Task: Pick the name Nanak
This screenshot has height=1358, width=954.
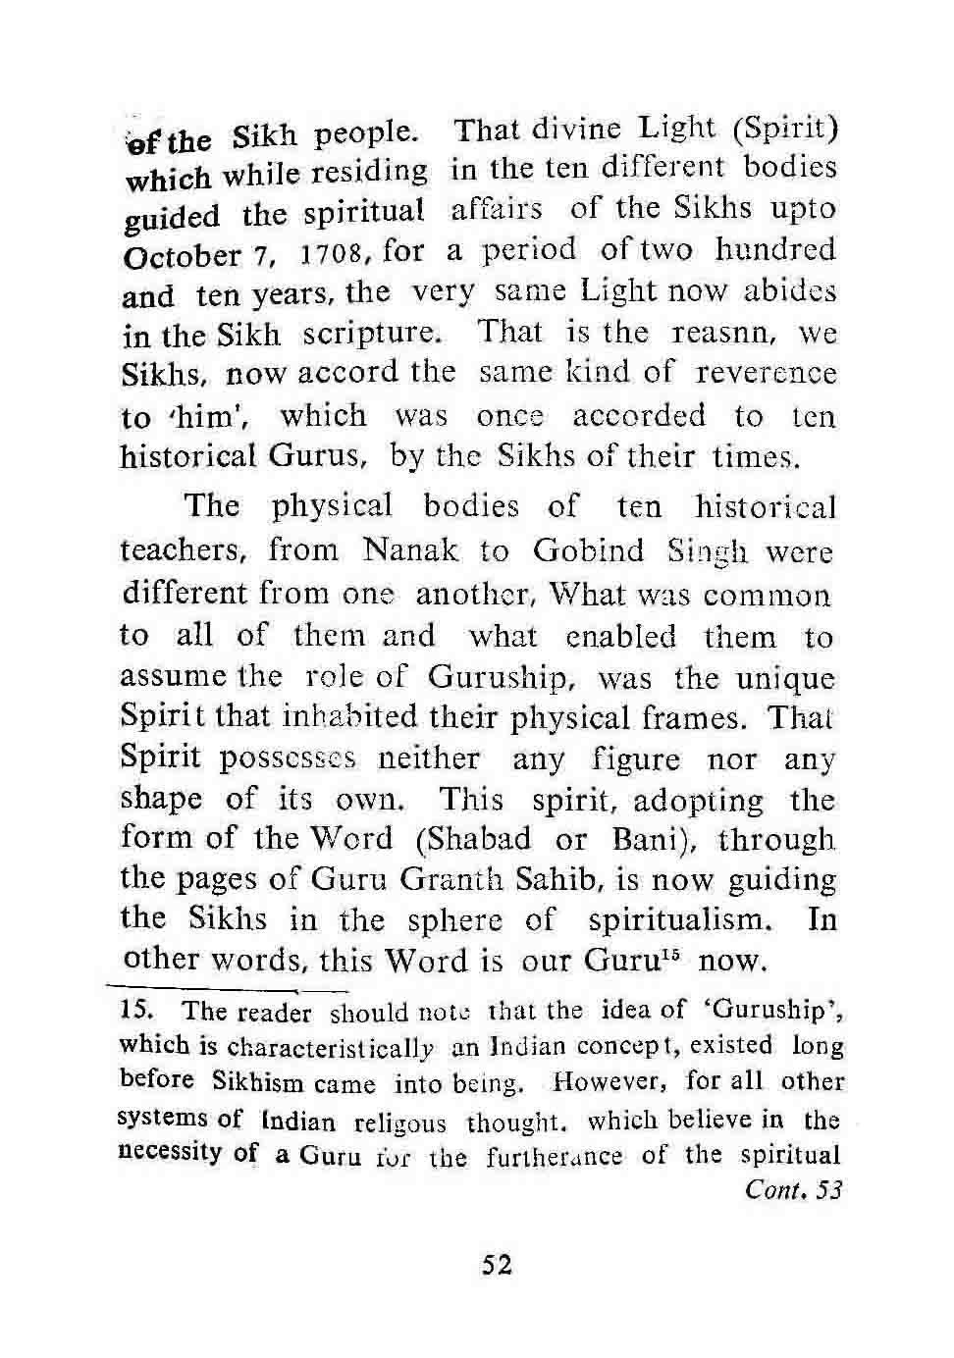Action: pos(410,550)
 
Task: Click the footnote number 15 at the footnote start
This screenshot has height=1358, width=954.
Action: pos(132,1011)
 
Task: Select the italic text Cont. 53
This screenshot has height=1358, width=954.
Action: pos(794,1190)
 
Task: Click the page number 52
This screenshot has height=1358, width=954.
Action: pos(497,1265)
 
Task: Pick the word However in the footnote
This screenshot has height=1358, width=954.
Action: pos(598,1082)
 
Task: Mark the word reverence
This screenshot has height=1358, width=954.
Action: pos(766,374)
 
